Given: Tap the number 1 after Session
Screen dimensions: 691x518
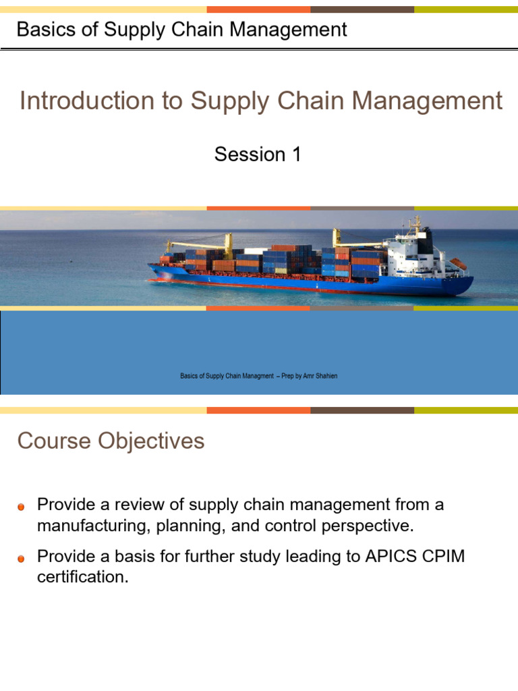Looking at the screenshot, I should click(296, 155).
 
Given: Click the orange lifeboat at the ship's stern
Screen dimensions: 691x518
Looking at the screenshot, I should click(458, 263).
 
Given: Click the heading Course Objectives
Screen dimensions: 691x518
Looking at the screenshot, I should click(111, 441).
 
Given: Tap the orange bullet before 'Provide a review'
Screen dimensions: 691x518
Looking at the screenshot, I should click(22, 506).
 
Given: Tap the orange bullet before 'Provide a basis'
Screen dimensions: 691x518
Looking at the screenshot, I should click(22, 559).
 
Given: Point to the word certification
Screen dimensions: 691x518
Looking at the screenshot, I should click(82, 578).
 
